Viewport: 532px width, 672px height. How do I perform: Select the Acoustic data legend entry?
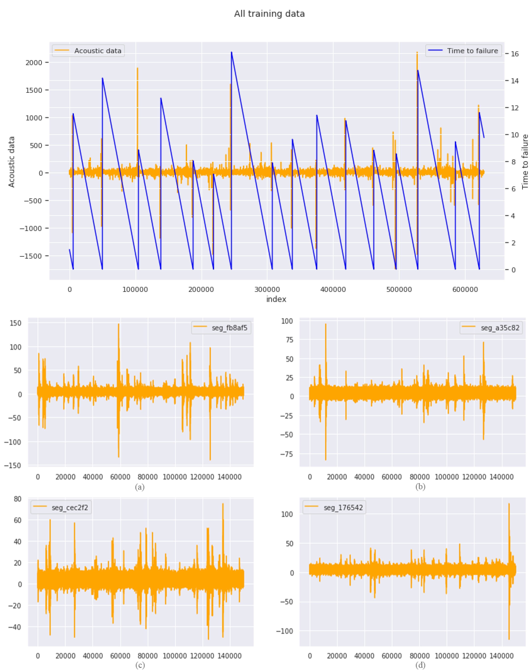(97, 51)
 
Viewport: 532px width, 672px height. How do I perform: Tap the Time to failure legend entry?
(472, 51)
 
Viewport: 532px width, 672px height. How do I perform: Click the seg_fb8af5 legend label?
(229, 328)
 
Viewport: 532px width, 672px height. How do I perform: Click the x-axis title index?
(276, 299)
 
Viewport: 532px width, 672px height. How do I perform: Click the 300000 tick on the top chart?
(267, 290)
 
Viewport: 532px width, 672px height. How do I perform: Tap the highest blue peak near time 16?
(231, 52)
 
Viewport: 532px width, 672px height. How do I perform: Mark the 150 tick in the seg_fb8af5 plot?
(16, 323)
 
